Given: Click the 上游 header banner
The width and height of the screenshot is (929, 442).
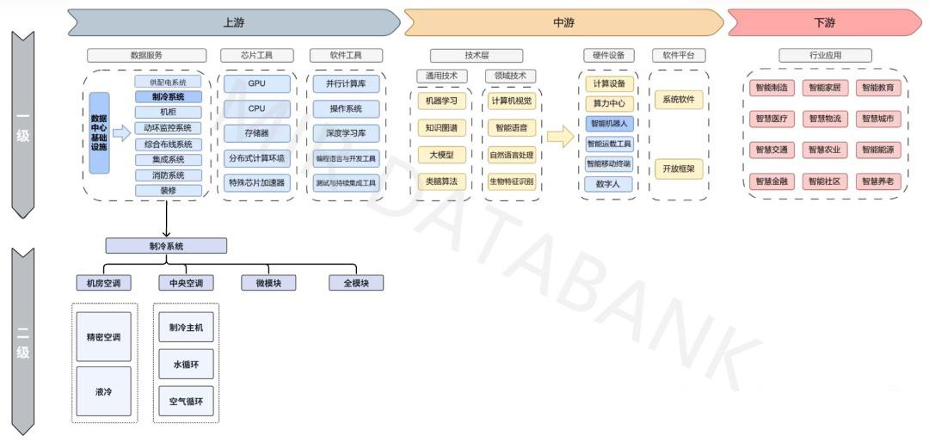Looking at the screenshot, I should (232, 22).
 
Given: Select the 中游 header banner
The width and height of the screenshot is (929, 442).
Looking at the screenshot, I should (563, 22).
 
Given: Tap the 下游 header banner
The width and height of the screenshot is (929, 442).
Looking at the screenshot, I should (823, 22).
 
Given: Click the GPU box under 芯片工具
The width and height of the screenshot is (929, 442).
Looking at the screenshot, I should (256, 84).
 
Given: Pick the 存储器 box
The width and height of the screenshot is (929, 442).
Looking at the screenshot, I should (256, 133).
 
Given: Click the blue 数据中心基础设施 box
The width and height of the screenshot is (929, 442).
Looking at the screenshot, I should (99, 133).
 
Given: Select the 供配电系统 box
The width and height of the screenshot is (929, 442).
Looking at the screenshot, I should (168, 82).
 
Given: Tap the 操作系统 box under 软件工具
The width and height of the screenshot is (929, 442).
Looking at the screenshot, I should (345, 109).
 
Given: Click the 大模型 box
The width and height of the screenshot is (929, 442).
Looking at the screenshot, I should (442, 155).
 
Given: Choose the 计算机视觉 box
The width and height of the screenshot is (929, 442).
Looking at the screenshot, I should (511, 101).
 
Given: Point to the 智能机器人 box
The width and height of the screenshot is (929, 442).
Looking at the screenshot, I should (610, 124).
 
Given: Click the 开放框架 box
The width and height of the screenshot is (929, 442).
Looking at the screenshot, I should (678, 169).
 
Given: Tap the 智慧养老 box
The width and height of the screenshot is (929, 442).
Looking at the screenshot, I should (877, 181).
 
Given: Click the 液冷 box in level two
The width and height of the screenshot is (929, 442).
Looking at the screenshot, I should (103, 392).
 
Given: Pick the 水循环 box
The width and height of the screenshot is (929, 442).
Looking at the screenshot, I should (186, 365).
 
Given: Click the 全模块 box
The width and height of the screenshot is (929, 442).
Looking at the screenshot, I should (355, 283).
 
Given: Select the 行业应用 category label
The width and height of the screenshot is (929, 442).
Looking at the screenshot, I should (825, 55).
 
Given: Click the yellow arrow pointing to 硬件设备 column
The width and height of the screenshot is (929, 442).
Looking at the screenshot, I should (560, 136).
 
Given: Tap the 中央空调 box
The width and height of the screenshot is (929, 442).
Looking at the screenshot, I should (186, 283).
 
